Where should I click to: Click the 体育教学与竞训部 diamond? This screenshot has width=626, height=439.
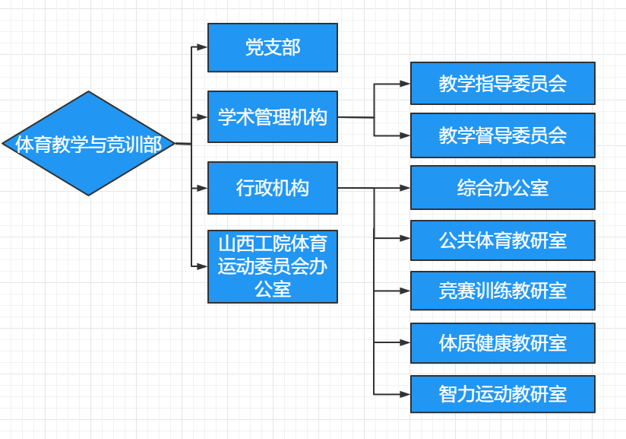pyautogui.click(x=89, y=144)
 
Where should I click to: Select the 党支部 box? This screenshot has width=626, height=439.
pyautogui.click(x=272, y=48)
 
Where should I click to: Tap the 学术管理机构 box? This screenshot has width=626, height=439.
pyautogui.click(x=272, y=117)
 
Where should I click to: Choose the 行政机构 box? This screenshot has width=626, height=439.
pyautogui.click(x=272, y=188)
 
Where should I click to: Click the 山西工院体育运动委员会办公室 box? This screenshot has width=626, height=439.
pyautogui.click(x=272, y=266)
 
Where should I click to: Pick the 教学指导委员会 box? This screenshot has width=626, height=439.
pyautogui.click(x=502, y=83)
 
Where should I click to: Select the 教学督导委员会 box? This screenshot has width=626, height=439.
pyautogui.click(x=502, y=135)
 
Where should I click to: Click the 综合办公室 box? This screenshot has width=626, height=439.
pyautogui.click(x=502, y=187)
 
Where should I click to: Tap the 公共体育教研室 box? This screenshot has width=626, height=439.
pyautogui.click(x=502, y=240)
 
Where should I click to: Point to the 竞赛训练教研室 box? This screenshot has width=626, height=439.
pyautogui.click(x=502, y=291)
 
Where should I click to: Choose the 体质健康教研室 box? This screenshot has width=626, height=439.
pyautogui.click(x=502, y=342)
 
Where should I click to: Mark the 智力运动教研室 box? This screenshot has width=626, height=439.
pyautogui.click(x=502, y=394)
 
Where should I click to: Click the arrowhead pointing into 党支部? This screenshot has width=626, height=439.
pyautogui.click(x=201, y=47)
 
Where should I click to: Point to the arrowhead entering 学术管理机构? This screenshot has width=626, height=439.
pyautogui.click(x=201, y=117)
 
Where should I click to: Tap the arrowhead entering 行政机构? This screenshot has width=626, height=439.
pyautogui.click(x=201, y=188)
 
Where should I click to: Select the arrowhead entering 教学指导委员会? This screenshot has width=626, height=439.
pyautogui.click(x=404, y=84)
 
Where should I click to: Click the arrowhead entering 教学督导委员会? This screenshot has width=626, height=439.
pyautogui.click(x=404, y=135)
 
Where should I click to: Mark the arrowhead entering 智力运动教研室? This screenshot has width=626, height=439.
pyautogui.click(x=404, y=394)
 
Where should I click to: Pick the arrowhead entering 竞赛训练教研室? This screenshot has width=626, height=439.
pyautogui.click(x=404, y=291)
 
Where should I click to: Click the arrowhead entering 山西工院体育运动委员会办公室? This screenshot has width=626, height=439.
pyautogui.click(x=201, y=266)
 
